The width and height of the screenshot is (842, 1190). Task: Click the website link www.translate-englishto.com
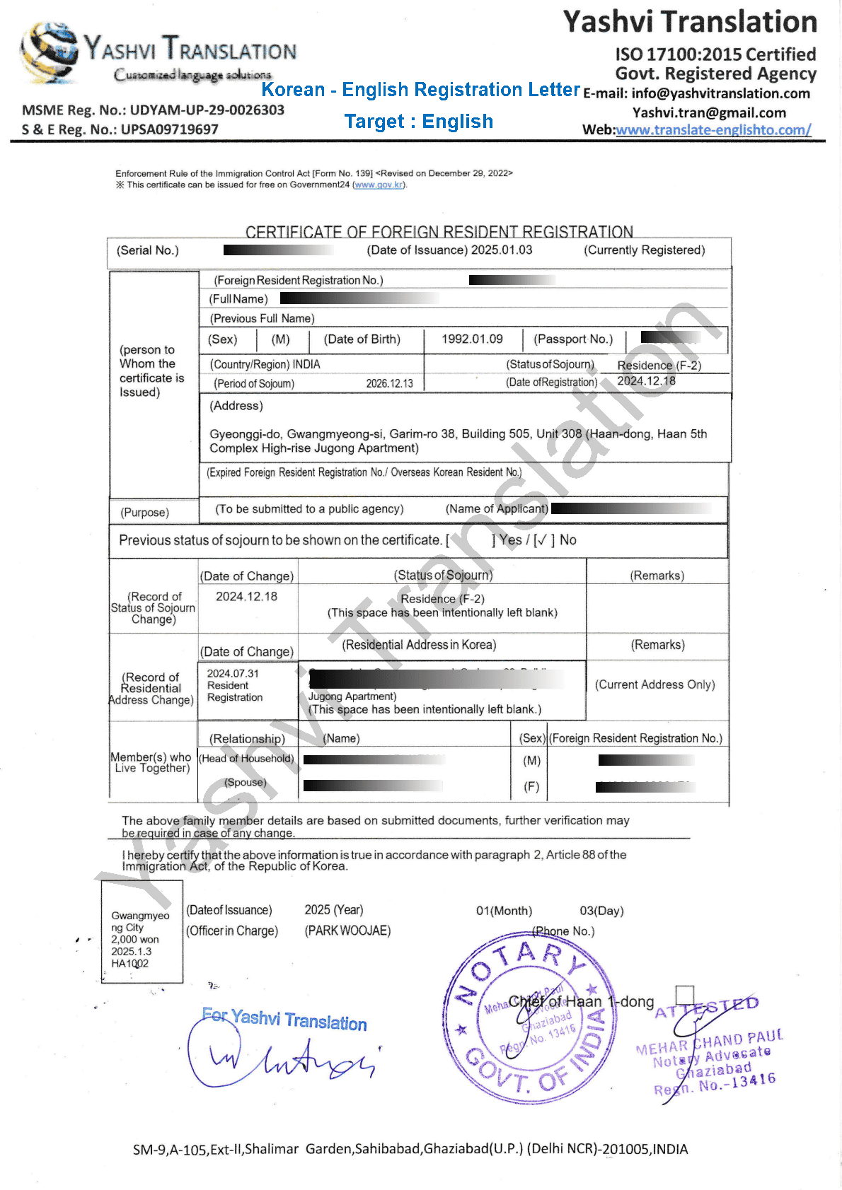[713, 130]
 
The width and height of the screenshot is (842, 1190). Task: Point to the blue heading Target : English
[419, 122]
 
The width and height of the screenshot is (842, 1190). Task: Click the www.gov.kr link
[379, 185]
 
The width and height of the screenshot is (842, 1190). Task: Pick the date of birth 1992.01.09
[472, 339]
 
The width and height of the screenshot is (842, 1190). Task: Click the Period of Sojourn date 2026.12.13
[389, 384]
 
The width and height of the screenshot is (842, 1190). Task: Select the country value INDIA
[306, 365]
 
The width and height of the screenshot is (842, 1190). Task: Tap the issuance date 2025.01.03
[502, 250]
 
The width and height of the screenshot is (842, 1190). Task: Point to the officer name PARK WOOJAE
[347, 931]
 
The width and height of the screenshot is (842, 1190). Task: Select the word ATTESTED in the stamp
[706, 1008]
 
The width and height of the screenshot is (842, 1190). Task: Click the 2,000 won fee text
[134, 940]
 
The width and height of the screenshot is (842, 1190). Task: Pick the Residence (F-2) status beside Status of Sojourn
[659, 366]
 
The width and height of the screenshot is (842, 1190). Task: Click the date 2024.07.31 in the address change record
[233, 674]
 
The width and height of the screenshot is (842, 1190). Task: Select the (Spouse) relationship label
[246, 783]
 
